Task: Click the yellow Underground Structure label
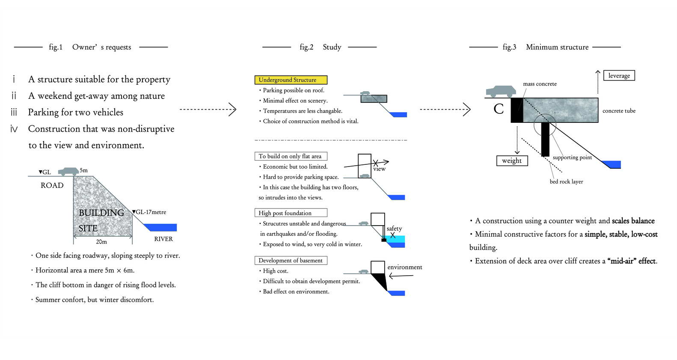point(291,80)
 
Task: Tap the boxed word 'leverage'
point(619,76)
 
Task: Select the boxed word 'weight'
point(512,161)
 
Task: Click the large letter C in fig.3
point(499,109)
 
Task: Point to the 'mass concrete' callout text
point(540,84)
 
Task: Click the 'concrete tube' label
point(619,111)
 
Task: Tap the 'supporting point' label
point(572,158)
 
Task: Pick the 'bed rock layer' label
point(566,181)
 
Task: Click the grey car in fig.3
point(501,91)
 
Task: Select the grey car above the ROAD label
point(68,171)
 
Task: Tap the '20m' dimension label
point(101,242)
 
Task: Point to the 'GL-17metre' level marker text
point(149,212)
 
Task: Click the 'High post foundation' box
point(291,213)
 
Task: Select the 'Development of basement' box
point(291,260)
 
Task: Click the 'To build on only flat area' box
point(291,156)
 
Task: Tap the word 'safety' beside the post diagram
point(394,229)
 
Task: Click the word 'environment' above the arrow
point(405,267)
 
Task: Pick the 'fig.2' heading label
point(306,47)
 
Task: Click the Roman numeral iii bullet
point(14,112)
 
